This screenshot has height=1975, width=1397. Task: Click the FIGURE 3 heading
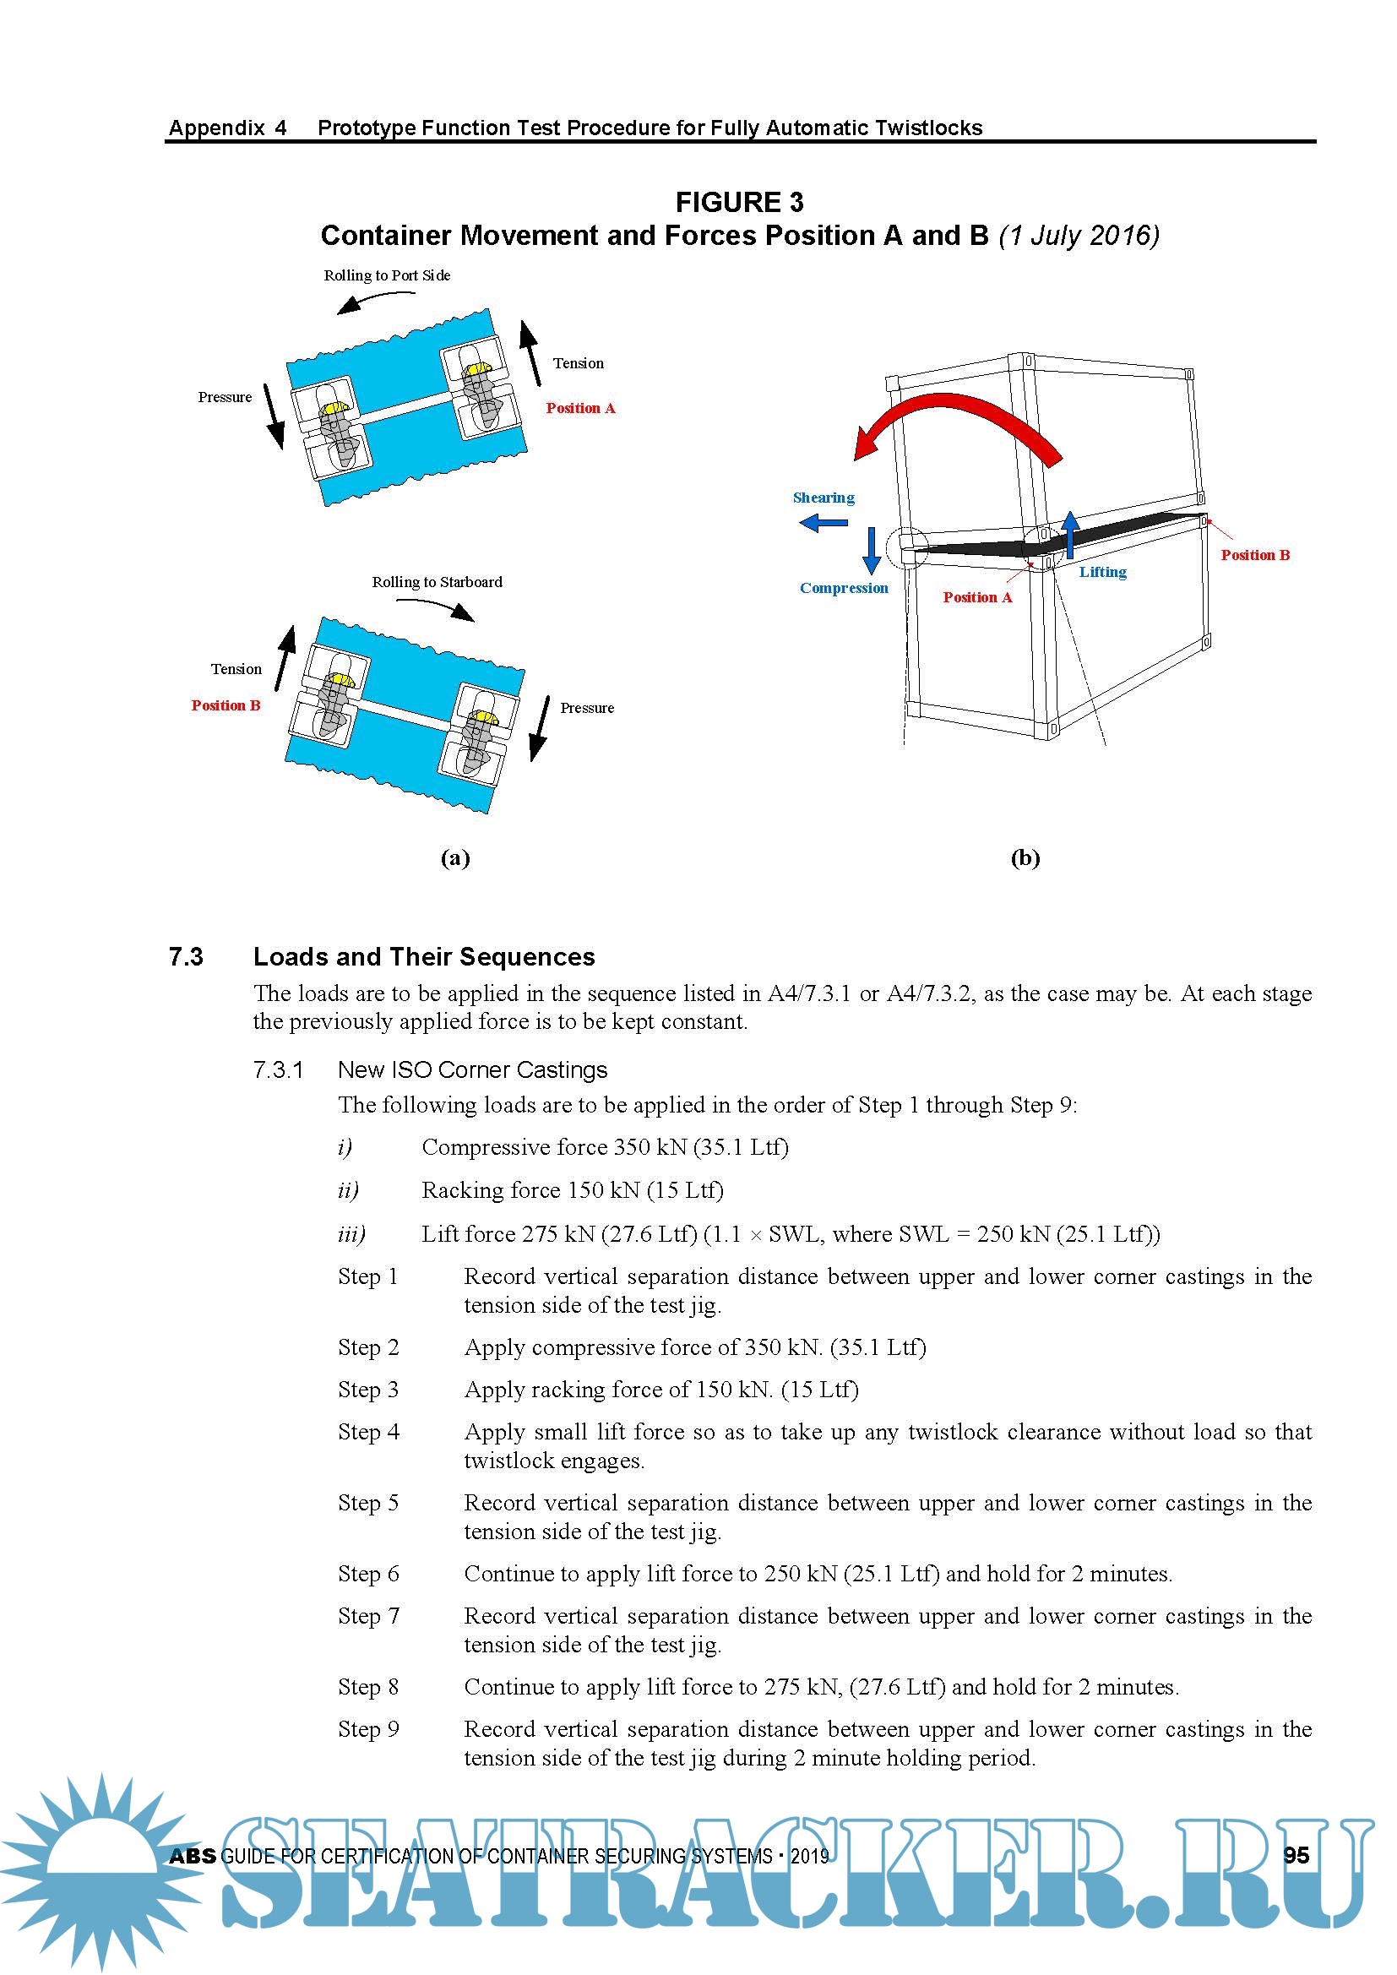coord(739,202)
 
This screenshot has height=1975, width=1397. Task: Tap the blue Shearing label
coord(824,498)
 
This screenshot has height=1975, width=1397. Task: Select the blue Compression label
coord(843,589)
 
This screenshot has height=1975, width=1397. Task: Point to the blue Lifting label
coord(1103,572)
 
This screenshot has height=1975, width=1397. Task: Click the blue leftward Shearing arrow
coord(824,522)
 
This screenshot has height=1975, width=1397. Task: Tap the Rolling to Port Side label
coord(386,275)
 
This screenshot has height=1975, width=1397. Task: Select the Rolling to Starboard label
coord(436,582)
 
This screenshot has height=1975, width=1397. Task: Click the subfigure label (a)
coord(455,857)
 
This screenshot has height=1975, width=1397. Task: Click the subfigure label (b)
coord(1025,857)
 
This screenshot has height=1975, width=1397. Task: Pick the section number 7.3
coord(186,956)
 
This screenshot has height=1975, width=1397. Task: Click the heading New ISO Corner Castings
coord(472,1069)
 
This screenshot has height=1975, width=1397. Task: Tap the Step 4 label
coord(368,1431)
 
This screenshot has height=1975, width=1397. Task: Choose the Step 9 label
coord(368,1729)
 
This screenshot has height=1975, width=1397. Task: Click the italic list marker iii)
coord(351,1234)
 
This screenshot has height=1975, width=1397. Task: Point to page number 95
coord(1296,1855)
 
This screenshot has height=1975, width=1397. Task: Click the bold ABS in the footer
coord(193,1856)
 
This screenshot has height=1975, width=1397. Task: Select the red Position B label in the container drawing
coord(1255,556)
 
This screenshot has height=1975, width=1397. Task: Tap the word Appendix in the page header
coord(216,128)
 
